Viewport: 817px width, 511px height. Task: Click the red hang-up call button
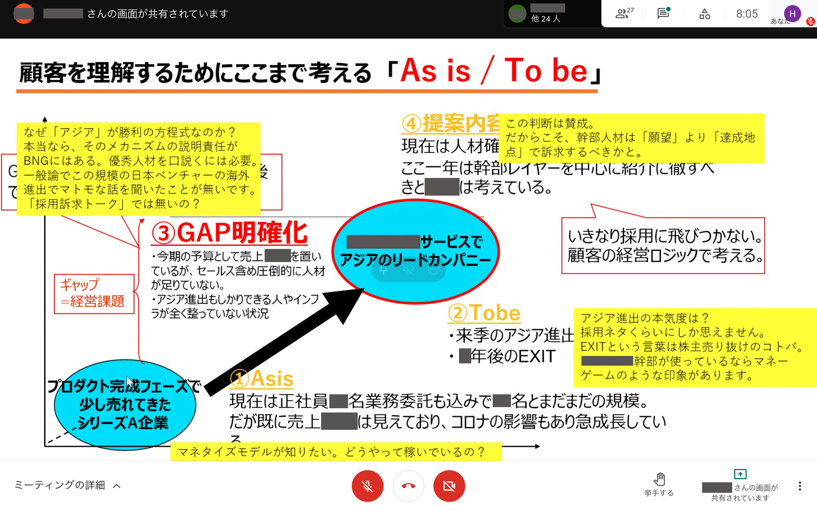point(408,486)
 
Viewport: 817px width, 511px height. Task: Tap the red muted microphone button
point(368,486)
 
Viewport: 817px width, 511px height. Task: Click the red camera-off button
point(449,486)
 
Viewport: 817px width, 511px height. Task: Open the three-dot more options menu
point(800,486)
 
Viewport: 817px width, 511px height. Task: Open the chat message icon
point(663,14)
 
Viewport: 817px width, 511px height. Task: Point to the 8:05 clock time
point(747,14)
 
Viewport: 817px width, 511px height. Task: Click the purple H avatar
point(792,14)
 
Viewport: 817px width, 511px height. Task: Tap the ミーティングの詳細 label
point(60,485)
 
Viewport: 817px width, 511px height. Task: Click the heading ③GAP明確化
point(230,233)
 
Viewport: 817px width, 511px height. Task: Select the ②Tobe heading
point(484,313)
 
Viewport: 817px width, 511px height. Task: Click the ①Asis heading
point(262,379)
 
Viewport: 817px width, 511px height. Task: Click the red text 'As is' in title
point(436,72)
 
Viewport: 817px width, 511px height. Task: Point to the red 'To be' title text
point(546,72)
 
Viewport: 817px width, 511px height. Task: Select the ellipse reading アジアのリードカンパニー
point(415,252)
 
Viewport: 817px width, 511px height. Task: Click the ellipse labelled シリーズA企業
point(125,404)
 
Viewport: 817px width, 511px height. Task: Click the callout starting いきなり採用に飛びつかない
point(663,246)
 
